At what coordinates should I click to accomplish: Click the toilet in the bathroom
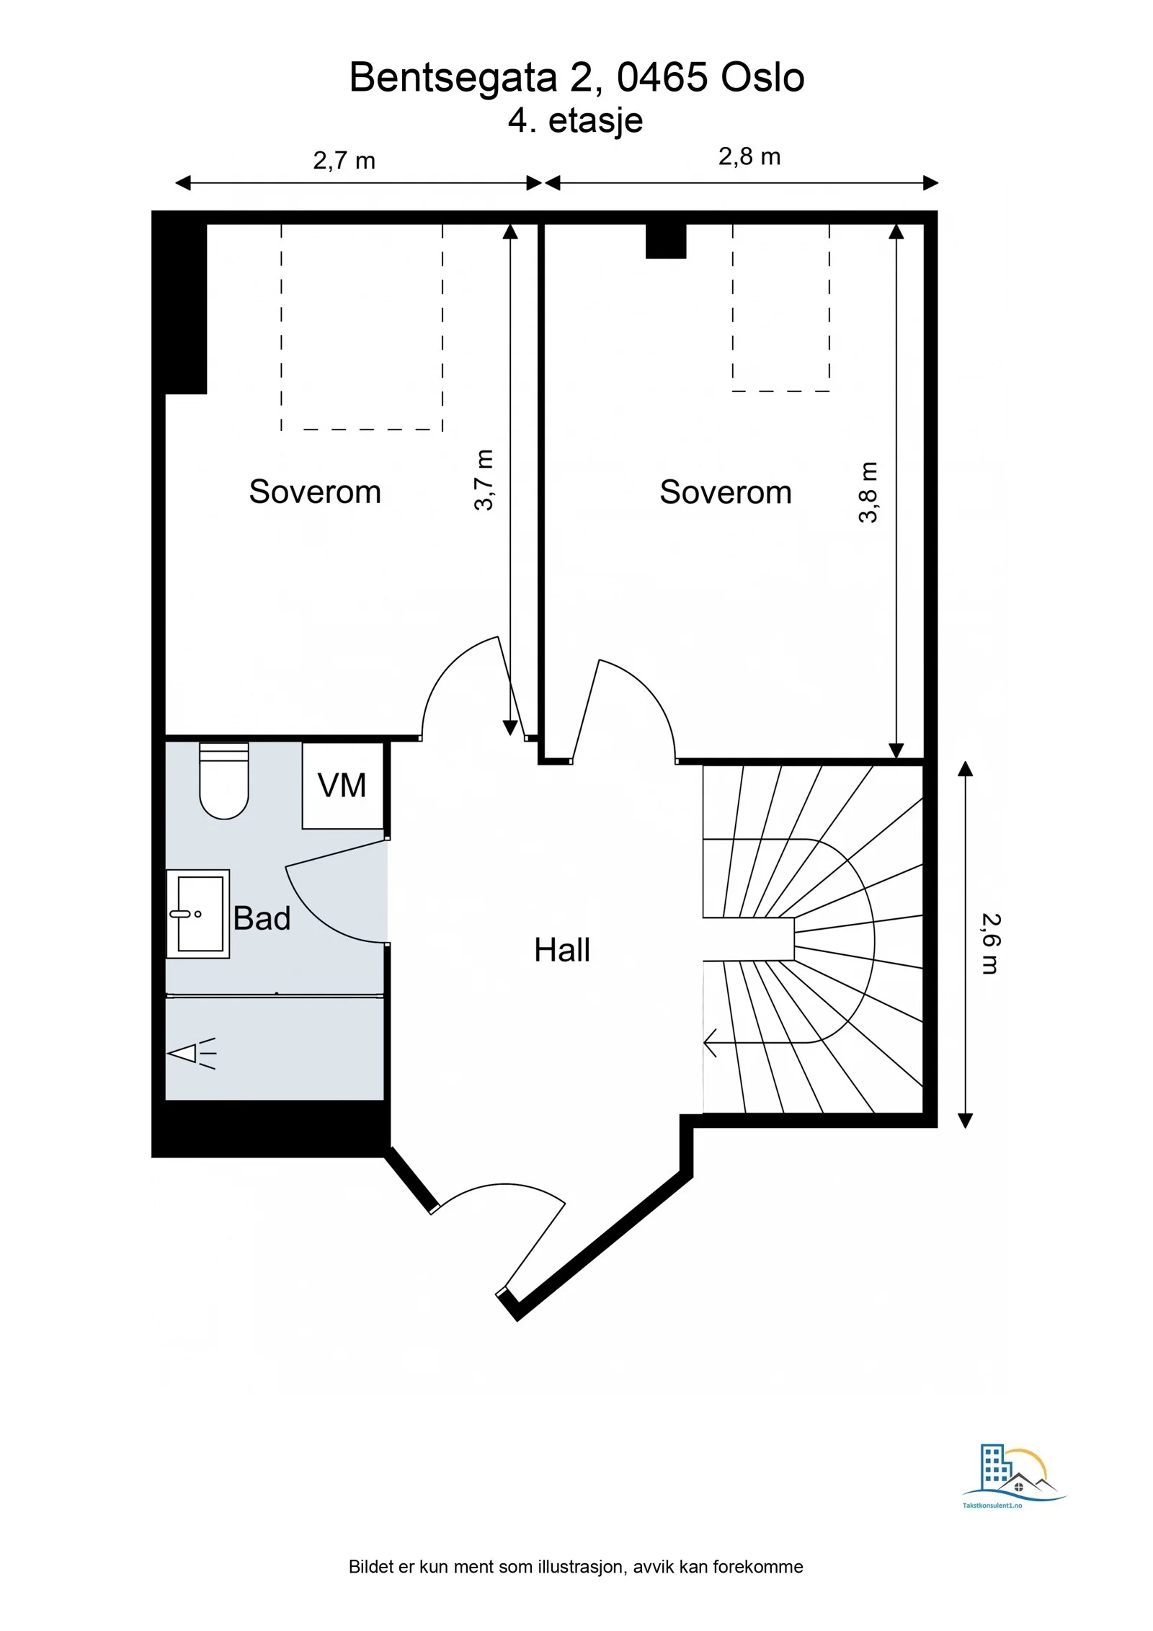coord(224,781)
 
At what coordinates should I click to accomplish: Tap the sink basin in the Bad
coord(198,913)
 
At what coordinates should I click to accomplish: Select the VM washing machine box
coord(342,785)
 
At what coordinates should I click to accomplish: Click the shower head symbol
coord(192,1054)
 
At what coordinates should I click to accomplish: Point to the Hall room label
coord(562,950)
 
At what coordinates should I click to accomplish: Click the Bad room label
coord(262,918)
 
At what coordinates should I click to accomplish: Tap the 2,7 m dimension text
coord(344,160)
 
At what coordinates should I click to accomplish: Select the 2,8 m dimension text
coord(749,156)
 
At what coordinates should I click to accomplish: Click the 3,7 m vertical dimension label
coord(484,480)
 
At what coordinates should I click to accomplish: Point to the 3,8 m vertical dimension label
coord(868,492)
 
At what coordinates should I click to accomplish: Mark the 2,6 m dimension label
coord(992,943)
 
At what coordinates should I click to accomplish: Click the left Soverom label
coord(315,492)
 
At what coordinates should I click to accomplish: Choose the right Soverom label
coord(726,492)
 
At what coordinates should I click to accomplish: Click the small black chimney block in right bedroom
coord(666,241)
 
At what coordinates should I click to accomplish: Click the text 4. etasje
coord(575,120)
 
